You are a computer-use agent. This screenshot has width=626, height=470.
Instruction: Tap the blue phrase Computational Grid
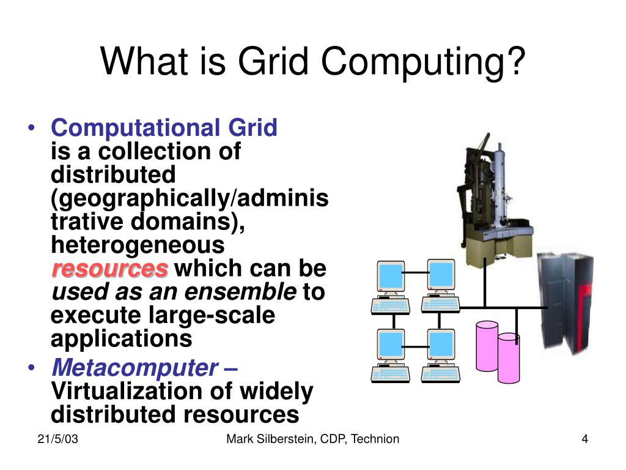164,128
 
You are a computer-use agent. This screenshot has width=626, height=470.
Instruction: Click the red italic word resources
109,269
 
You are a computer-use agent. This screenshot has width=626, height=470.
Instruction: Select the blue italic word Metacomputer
134,368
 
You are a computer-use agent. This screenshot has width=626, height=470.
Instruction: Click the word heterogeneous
138,245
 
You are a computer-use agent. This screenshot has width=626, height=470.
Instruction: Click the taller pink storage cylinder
487,346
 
